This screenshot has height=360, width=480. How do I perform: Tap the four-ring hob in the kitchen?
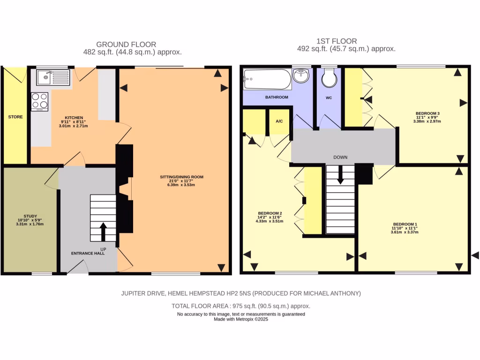[x=39, y=101]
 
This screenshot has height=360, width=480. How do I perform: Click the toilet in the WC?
[x=330, y=78]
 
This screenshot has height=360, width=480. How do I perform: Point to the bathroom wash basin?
[x=300, y=76]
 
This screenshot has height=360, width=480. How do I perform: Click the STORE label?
[x=15, y=117]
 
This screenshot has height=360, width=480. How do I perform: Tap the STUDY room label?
[x=30, y=216]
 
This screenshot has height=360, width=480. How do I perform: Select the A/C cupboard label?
[x=279, y=121]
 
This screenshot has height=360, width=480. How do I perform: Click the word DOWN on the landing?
[x=340, y=157]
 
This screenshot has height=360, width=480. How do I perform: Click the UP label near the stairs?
[x=103, y=248]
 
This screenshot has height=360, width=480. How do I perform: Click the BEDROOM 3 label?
[x=427, y=113]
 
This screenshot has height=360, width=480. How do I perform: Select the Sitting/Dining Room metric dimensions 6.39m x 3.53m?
[x=181, y=185]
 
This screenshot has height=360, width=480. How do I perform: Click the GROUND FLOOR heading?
[x=126, y=45]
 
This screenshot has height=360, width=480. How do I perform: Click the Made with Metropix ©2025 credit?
[x=240, y=319]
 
